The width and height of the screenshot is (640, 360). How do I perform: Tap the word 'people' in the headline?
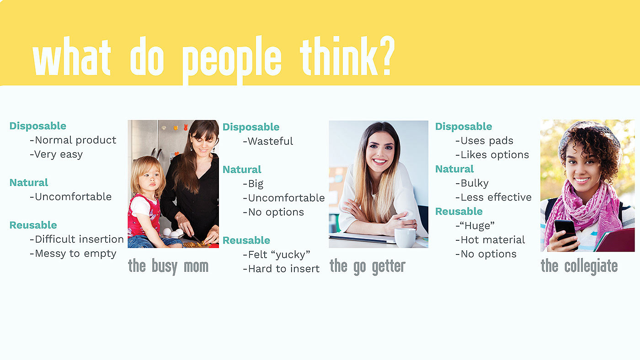[x=232, y=60]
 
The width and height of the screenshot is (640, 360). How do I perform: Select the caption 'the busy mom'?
[x=168, y=266]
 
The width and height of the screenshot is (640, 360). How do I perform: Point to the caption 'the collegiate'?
[x=579, y=266]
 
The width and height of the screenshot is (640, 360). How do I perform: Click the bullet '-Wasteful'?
[x=268, y=141]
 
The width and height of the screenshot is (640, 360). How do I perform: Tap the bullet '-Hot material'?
[x=490, y=240]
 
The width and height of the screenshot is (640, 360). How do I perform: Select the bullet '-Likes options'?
[x=492, y=155]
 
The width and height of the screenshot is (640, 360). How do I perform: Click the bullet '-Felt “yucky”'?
[x=277, y=254]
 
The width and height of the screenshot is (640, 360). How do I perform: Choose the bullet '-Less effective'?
[x=493, y=197]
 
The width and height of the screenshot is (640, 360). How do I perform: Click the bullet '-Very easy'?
[x=56, y=154]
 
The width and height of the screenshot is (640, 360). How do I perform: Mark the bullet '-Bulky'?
[x=472, y=183]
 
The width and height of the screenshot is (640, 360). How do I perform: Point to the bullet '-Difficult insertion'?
[x=77, y=239]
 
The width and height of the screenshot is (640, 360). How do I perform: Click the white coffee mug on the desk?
[x=405, y=238]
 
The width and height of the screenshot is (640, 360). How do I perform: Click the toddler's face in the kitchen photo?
[x=150, y=179]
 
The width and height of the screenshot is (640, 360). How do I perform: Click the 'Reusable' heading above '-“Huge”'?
[x=459, y=212]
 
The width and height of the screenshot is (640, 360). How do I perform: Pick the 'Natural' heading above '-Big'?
[x=242, y=169]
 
